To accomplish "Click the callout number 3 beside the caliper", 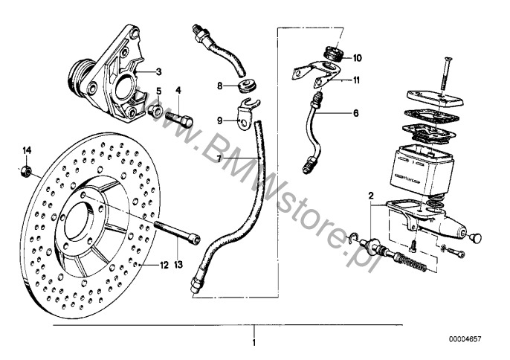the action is click(159, 71).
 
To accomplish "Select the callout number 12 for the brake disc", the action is click(164, 266).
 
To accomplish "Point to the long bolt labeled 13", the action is click(177, 232).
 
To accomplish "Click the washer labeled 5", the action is click(154, 111).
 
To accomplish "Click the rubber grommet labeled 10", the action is click(333, 54).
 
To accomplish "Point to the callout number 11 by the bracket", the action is click(357, 80).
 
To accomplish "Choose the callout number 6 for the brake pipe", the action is click(356, 113).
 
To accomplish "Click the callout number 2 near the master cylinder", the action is click(371, 196).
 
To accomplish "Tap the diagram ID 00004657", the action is click(465, 339).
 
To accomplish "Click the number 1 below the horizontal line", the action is click(254, 343).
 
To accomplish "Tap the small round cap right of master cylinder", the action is click(476, 238).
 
